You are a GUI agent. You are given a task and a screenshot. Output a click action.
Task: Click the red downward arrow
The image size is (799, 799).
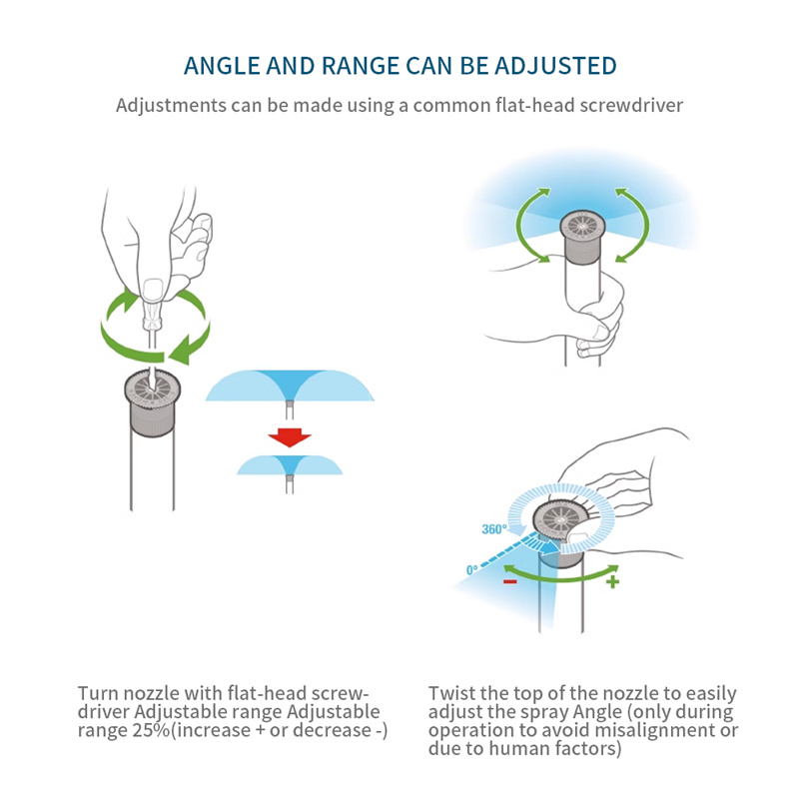click(x=290, y=437)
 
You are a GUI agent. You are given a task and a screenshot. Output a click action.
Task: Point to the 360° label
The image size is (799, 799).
click(x=494, y=529)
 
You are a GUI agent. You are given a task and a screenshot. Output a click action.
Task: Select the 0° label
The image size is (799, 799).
click(x=472, y=569)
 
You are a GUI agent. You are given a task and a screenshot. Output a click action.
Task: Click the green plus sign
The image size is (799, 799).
click(x=613, y=581)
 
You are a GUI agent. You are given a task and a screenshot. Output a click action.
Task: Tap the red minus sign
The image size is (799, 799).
click(x=510, y=581)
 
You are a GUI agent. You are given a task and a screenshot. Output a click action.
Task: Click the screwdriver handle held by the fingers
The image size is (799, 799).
click(x=153, y=306)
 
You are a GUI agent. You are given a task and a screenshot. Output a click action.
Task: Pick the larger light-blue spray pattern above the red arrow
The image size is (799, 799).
click(x=290, y=386)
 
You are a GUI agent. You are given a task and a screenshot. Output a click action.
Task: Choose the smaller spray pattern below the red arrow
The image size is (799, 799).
click(x=290, y=465)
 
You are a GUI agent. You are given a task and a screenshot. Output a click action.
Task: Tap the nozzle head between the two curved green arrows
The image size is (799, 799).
click(x=582, y=237)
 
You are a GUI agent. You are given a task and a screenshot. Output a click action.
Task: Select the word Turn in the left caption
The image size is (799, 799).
click(x=98, y=693)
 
